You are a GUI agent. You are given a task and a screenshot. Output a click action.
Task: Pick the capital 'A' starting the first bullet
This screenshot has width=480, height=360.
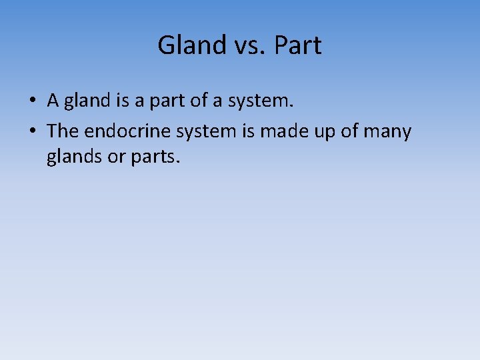click(53, 101)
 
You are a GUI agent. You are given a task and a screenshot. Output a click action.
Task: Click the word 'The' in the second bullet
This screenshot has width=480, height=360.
click(62, 131)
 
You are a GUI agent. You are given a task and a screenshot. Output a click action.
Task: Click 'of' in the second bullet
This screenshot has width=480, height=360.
click(349, 131)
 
